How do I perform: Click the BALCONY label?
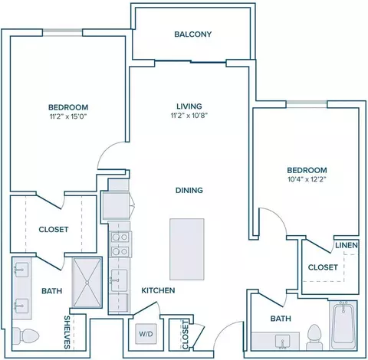point(193,34)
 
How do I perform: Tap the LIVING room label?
point(189,106)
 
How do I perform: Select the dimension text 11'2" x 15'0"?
point(68,116)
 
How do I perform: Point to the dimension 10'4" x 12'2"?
point(307,179)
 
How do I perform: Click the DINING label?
point(189,190)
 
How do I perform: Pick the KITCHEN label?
point(158,290)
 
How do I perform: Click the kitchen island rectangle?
point(187,249)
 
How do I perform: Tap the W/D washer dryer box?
point(146,334)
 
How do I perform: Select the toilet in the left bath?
point(25,335)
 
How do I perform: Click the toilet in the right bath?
point(314,337)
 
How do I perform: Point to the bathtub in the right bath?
point(343,325)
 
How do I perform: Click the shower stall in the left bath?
point(87,283)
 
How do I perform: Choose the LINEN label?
point(347,245)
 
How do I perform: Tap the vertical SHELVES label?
point(67,332)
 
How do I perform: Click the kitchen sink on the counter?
point(119,280)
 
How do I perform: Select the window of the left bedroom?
point(62,33)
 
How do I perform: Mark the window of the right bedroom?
point(307,104)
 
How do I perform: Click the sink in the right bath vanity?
point(282,342)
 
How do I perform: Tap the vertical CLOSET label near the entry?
point(185,335)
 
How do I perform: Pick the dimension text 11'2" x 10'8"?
point(189,116)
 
